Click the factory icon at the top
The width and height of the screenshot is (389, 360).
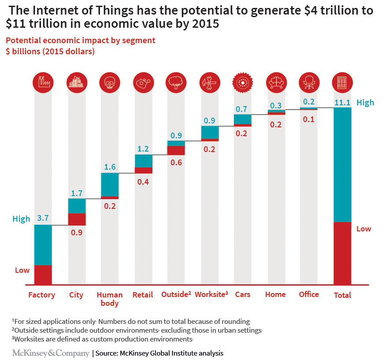[x=43, y=82]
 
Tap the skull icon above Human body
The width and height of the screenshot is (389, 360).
[x=110, y=82]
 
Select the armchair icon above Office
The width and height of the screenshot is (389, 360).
[x=309, y=82]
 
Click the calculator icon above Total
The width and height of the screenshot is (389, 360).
[x=342, y=82]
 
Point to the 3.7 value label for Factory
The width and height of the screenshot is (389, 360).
[x=43, y=218]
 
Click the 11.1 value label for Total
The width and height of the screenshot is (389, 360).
[x=342, y=102]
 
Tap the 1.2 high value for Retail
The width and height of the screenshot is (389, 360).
[x=144, y=149]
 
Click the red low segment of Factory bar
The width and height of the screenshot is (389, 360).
[x=43, y=274]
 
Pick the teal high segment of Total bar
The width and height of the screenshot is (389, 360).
[x=342, y=164]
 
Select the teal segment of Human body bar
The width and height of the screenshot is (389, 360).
[x=110, y=184]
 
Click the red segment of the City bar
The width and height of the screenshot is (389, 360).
[x=77, y=219]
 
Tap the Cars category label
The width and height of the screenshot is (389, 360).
[x=243, y=294]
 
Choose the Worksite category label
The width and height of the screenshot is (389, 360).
[x=211, y=294]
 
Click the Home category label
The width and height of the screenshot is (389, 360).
[x=275, y=294]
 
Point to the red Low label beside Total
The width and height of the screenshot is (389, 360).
[x=364, y=229]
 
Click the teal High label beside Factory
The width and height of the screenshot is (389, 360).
[x=21, y=219]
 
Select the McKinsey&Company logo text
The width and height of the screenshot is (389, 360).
[x=50, y=353]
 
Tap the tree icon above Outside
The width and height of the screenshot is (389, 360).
[x=176, y=82]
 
